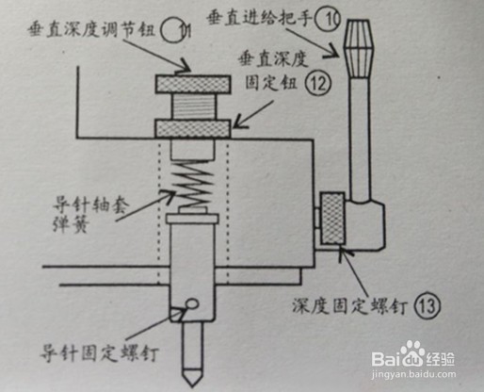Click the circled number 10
328,19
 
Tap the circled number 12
318,83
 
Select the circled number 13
428,305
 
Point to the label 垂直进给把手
259,18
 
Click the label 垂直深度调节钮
91,31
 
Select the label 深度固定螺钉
350,305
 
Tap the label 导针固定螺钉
99,354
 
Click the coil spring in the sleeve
192,184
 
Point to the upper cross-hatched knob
193,84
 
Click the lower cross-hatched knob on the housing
193,129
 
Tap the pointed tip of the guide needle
192,384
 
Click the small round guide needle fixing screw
193,303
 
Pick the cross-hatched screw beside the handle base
333,219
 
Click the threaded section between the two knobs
193,106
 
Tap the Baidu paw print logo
412,353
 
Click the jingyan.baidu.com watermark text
413,374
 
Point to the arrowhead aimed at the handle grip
332,51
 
